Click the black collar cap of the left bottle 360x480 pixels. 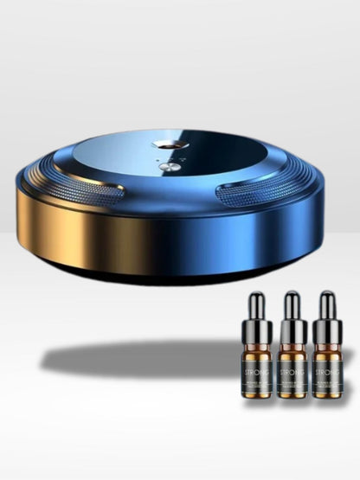coord(256,331)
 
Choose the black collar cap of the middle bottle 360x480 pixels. coord(292,331)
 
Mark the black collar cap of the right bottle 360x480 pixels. coord(327,331)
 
